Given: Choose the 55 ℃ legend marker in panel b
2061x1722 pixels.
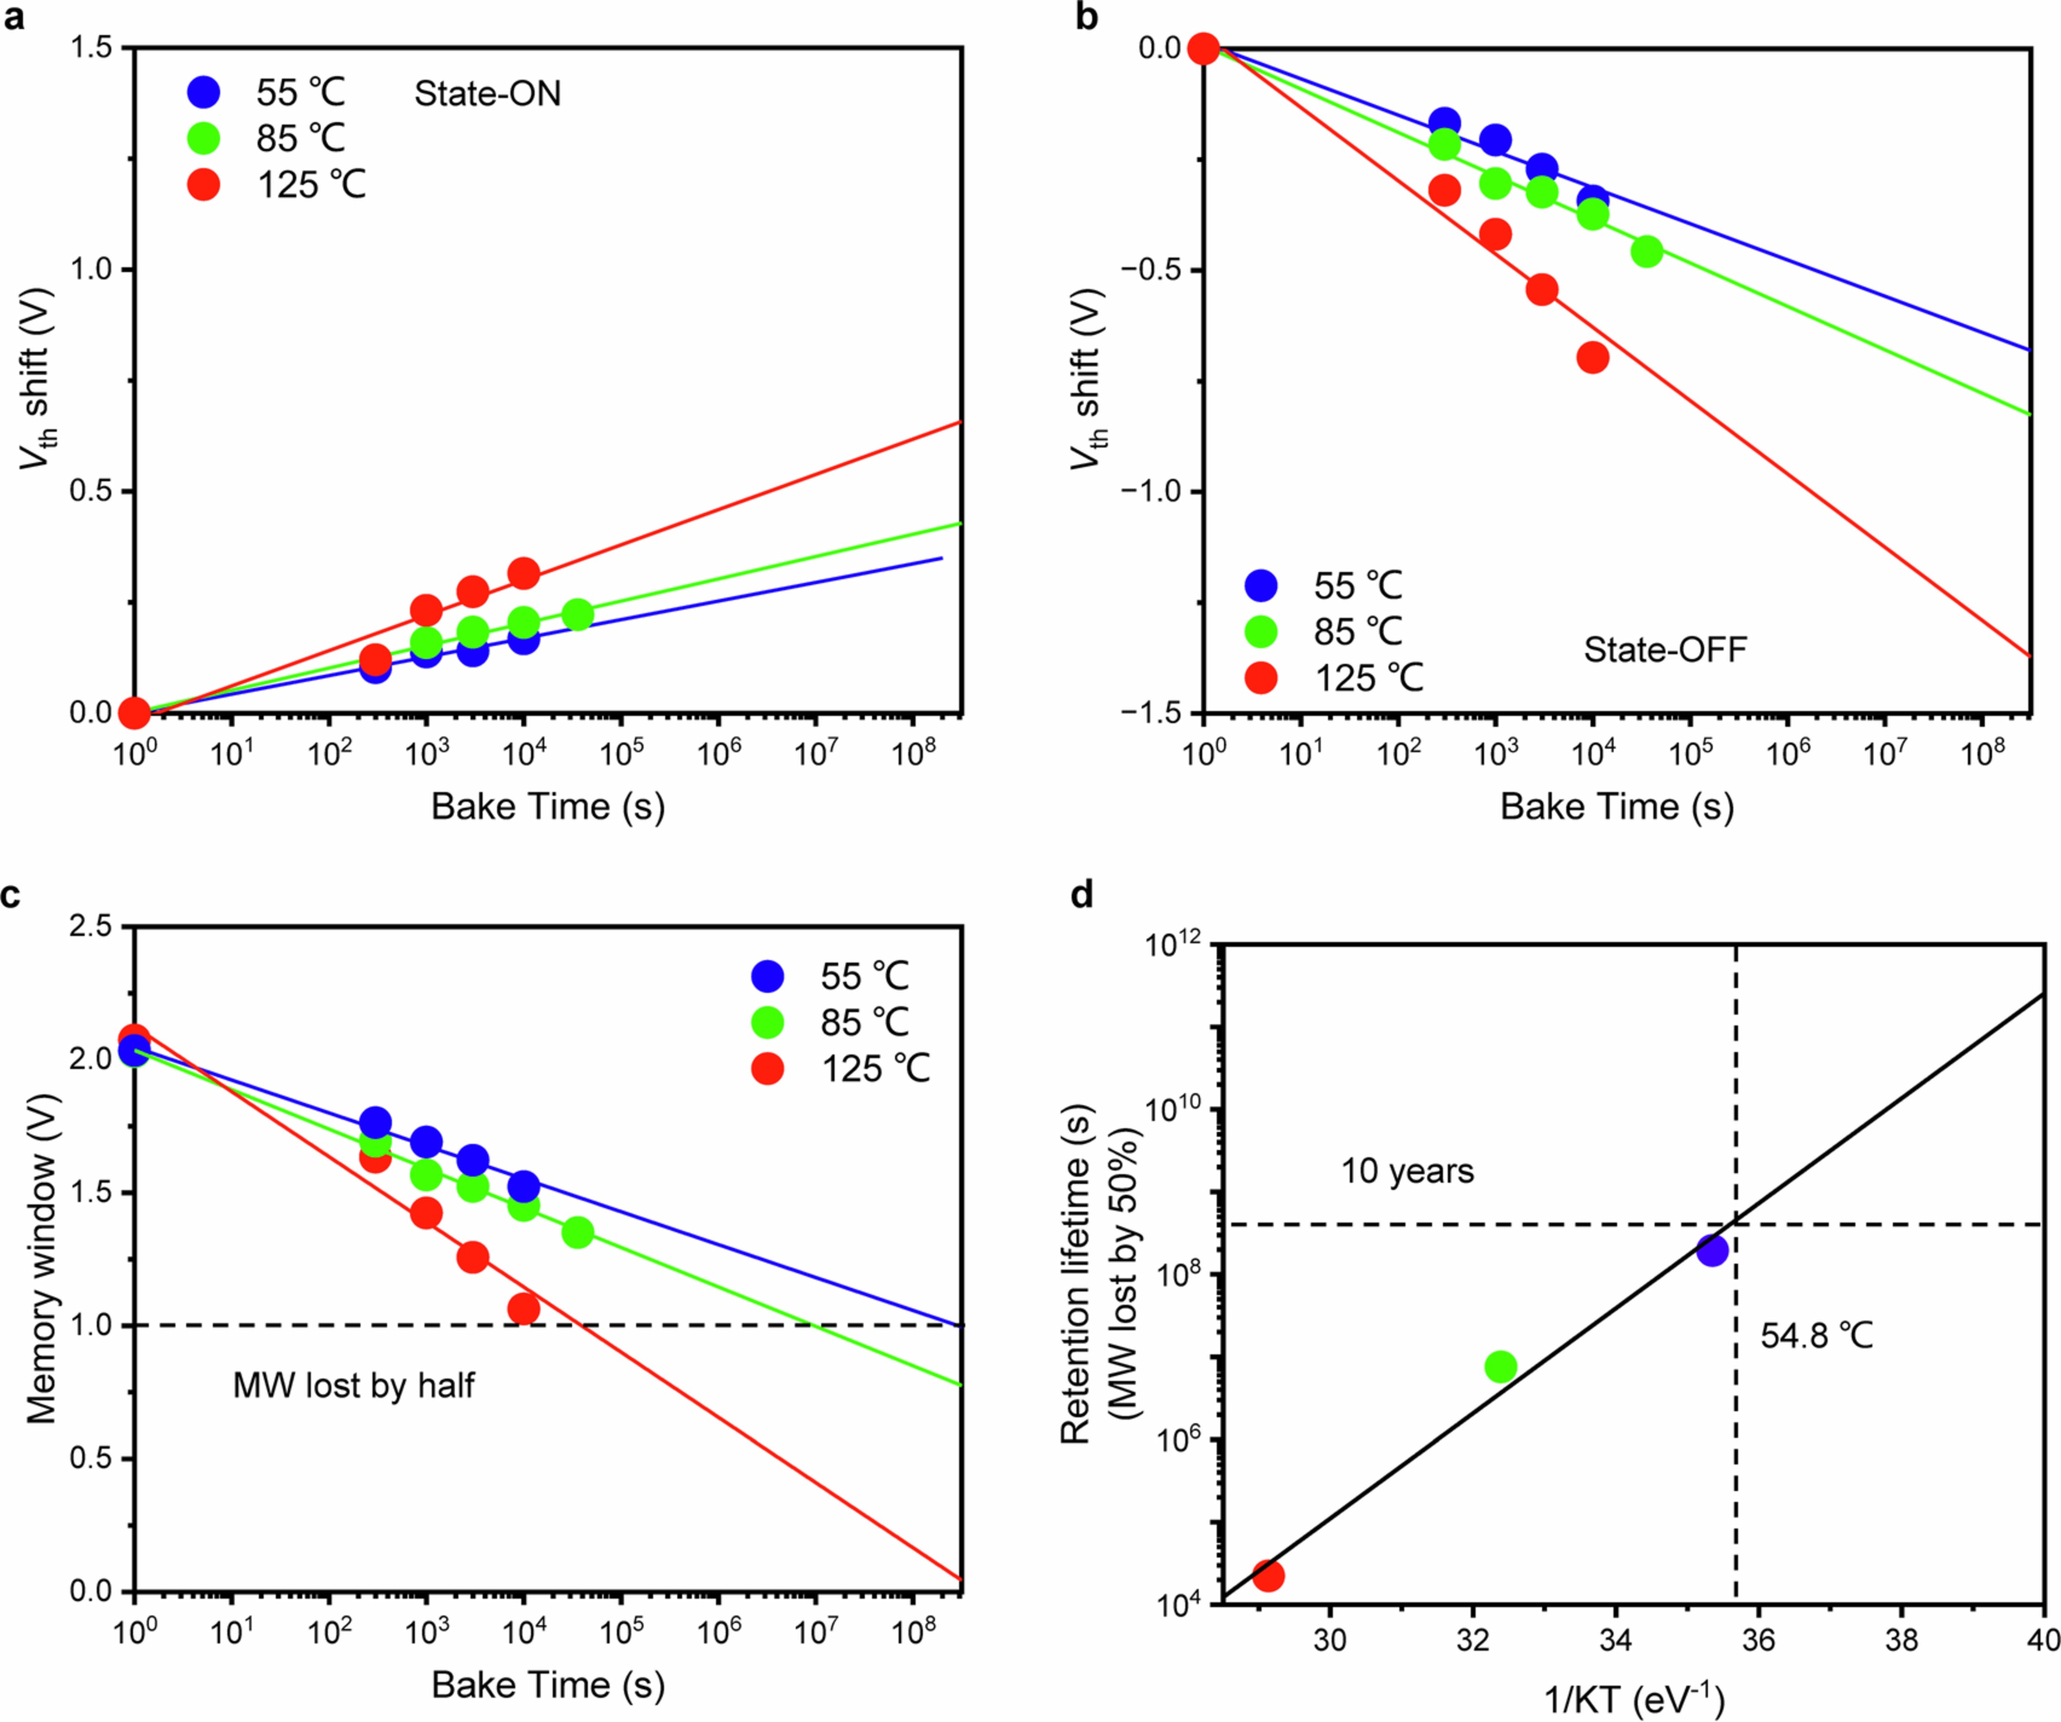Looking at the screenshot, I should click(1261, 586).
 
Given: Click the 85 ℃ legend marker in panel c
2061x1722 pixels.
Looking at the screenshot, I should click(768, 1023).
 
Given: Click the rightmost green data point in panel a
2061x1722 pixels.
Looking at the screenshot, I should click(578, 615).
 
